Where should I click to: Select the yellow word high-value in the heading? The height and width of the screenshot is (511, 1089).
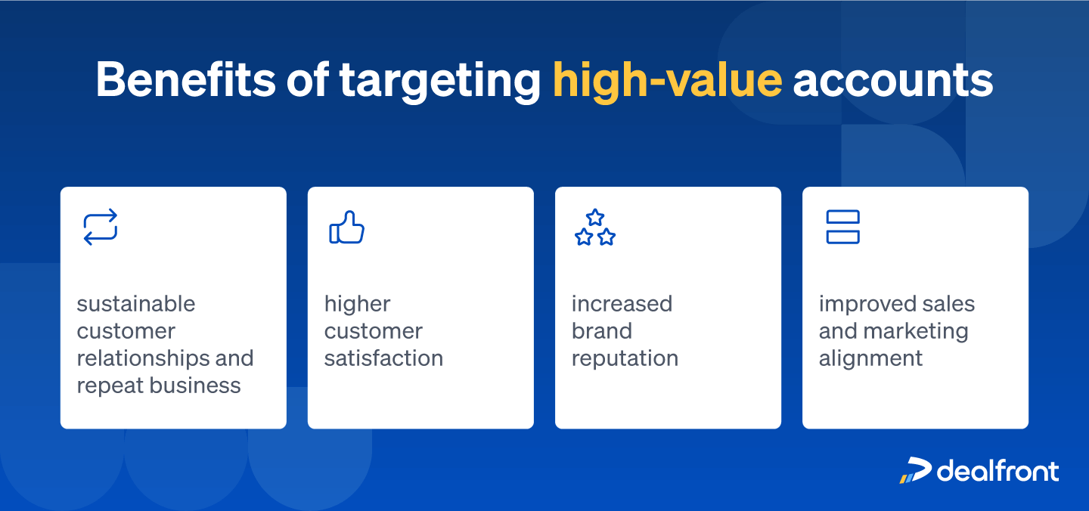point(667,79)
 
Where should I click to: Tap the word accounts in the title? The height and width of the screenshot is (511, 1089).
point(892,79)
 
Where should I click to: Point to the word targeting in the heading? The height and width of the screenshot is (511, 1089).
point(439,79)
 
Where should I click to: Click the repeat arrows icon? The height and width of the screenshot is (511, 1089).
point(101,228)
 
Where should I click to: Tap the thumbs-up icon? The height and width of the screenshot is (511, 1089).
point(347,228)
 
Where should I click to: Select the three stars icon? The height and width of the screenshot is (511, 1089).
point(595,228)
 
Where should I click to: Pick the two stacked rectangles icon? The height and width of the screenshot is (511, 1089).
point(842,228)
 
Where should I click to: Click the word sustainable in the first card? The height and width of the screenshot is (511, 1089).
point(136,304)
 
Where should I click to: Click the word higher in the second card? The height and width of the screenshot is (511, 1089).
point(358,304)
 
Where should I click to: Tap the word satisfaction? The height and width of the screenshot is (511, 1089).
point(383,358)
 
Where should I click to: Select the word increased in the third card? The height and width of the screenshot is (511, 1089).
point(622,304)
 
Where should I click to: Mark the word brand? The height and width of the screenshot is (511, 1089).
point(602,331)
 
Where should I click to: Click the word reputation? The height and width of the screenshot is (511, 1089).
point(625,358)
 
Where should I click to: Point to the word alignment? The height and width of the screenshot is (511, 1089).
point(870,358)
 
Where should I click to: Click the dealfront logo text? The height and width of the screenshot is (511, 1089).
point(997,470)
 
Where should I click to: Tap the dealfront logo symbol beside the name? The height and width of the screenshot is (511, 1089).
point(915,470)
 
